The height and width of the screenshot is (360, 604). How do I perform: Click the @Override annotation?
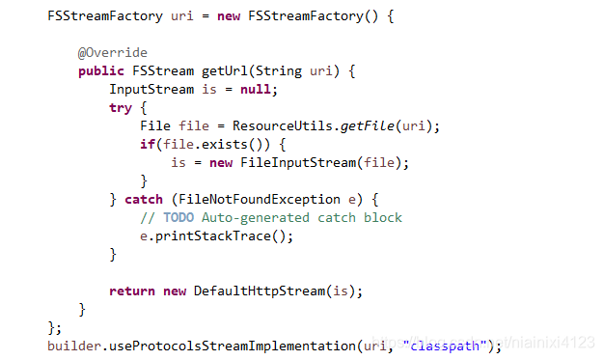click(113, 52)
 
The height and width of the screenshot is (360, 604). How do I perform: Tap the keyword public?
click(101, 70)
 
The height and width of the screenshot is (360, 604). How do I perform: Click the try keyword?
click(121, 107)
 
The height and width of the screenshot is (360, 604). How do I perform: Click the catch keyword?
click(144, 199)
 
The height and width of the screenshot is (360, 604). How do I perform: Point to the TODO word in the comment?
click(178, 217)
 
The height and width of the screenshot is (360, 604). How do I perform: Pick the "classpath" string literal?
click(444, 345)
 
